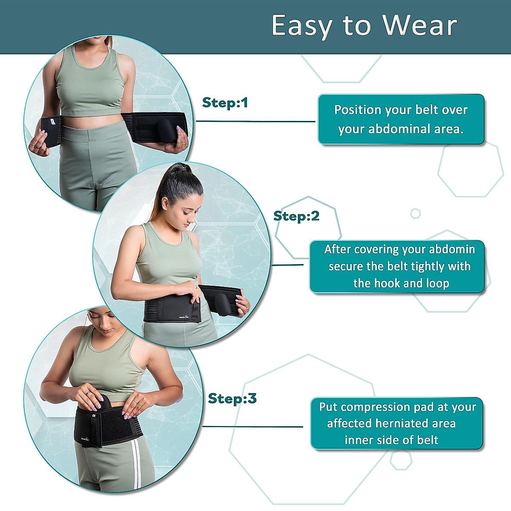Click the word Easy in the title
302,26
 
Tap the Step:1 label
225,103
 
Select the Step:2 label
296,216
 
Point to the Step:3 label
232,399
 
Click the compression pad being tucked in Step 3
104,405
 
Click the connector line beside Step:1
255,121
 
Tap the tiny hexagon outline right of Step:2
415,213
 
